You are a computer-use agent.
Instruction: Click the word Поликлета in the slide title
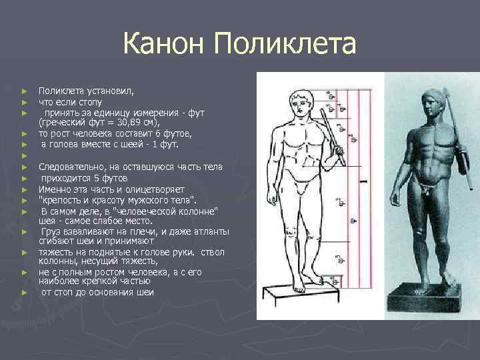click(286, 45)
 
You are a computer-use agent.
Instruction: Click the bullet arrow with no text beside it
click(24, 155)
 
